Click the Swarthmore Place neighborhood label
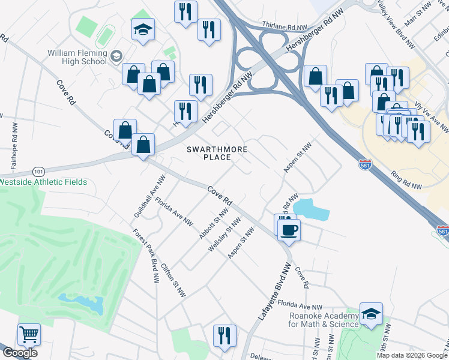click(208, 153)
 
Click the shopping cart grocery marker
click(29, 334)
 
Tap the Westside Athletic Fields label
click(43, 182)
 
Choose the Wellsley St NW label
click(223, 235)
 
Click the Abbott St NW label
click(213, 224)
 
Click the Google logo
click(20, 353)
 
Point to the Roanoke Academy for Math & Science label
click(324, 320)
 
